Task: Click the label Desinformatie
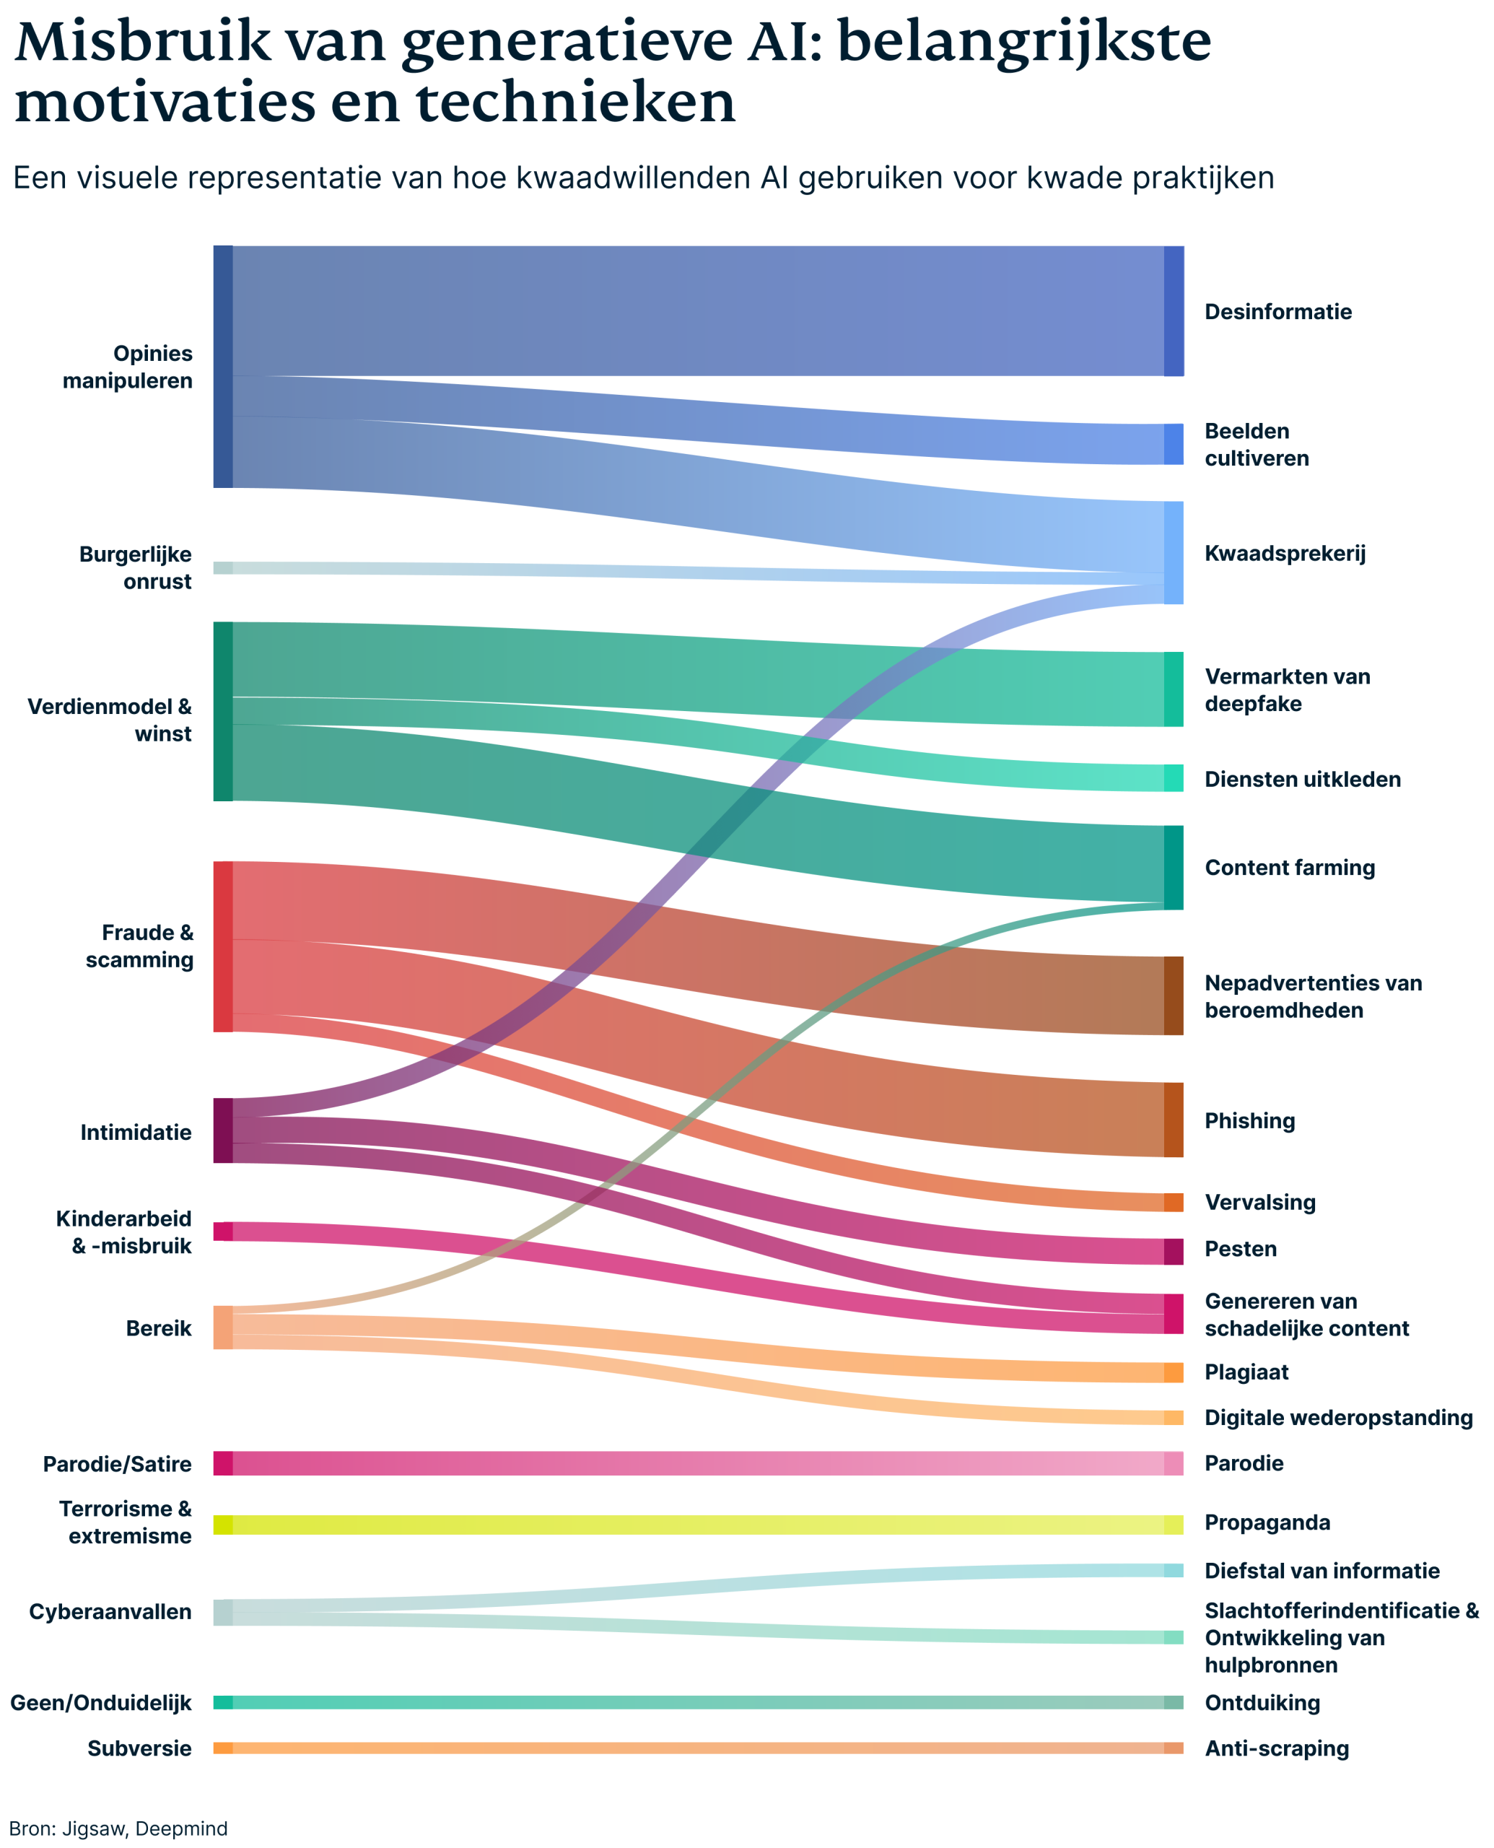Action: pyautogui.click(x=1277, y=312)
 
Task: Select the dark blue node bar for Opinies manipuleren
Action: pyautogui.click(x=223, y=367)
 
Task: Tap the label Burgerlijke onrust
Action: pyautogui.click(x=135, y=567)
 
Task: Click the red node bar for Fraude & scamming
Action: pyautogui.click(x=223, y=946)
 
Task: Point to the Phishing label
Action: pyautogui.click(x=1249, y=1120)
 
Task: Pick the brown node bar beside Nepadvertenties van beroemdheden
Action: pyautogui.click(x=1173, y=995)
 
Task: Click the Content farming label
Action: pyautogui.click(x=1289, y=868)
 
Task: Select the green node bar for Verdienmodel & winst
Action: pyautogui.click(x=223, y=711)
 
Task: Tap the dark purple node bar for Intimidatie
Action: pyautogui.click(x=223, y=1130)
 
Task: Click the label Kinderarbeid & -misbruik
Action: pyautogui.click(x=124, y=1232)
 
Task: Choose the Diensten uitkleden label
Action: pyautogui.click(x=1302, y=779)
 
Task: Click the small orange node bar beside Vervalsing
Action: pyautogui.click(x=1173, y=1203)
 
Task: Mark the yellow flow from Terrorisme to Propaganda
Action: pyautogui.click(x=689, y=1525)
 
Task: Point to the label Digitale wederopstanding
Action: pyautogui.click(x=1338, y=1418)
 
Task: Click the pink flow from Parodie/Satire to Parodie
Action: pyautogui.click(x=689, y=1463)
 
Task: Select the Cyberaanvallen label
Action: pyautogui.click(x=110, y=1611)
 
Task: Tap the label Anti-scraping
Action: pyautogui.click(x=1276, y=1748)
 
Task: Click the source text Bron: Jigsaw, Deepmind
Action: pyautogui.click(x=119, y=1829)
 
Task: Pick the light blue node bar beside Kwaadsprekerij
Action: pyautogui.click(x=1173, y=552)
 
